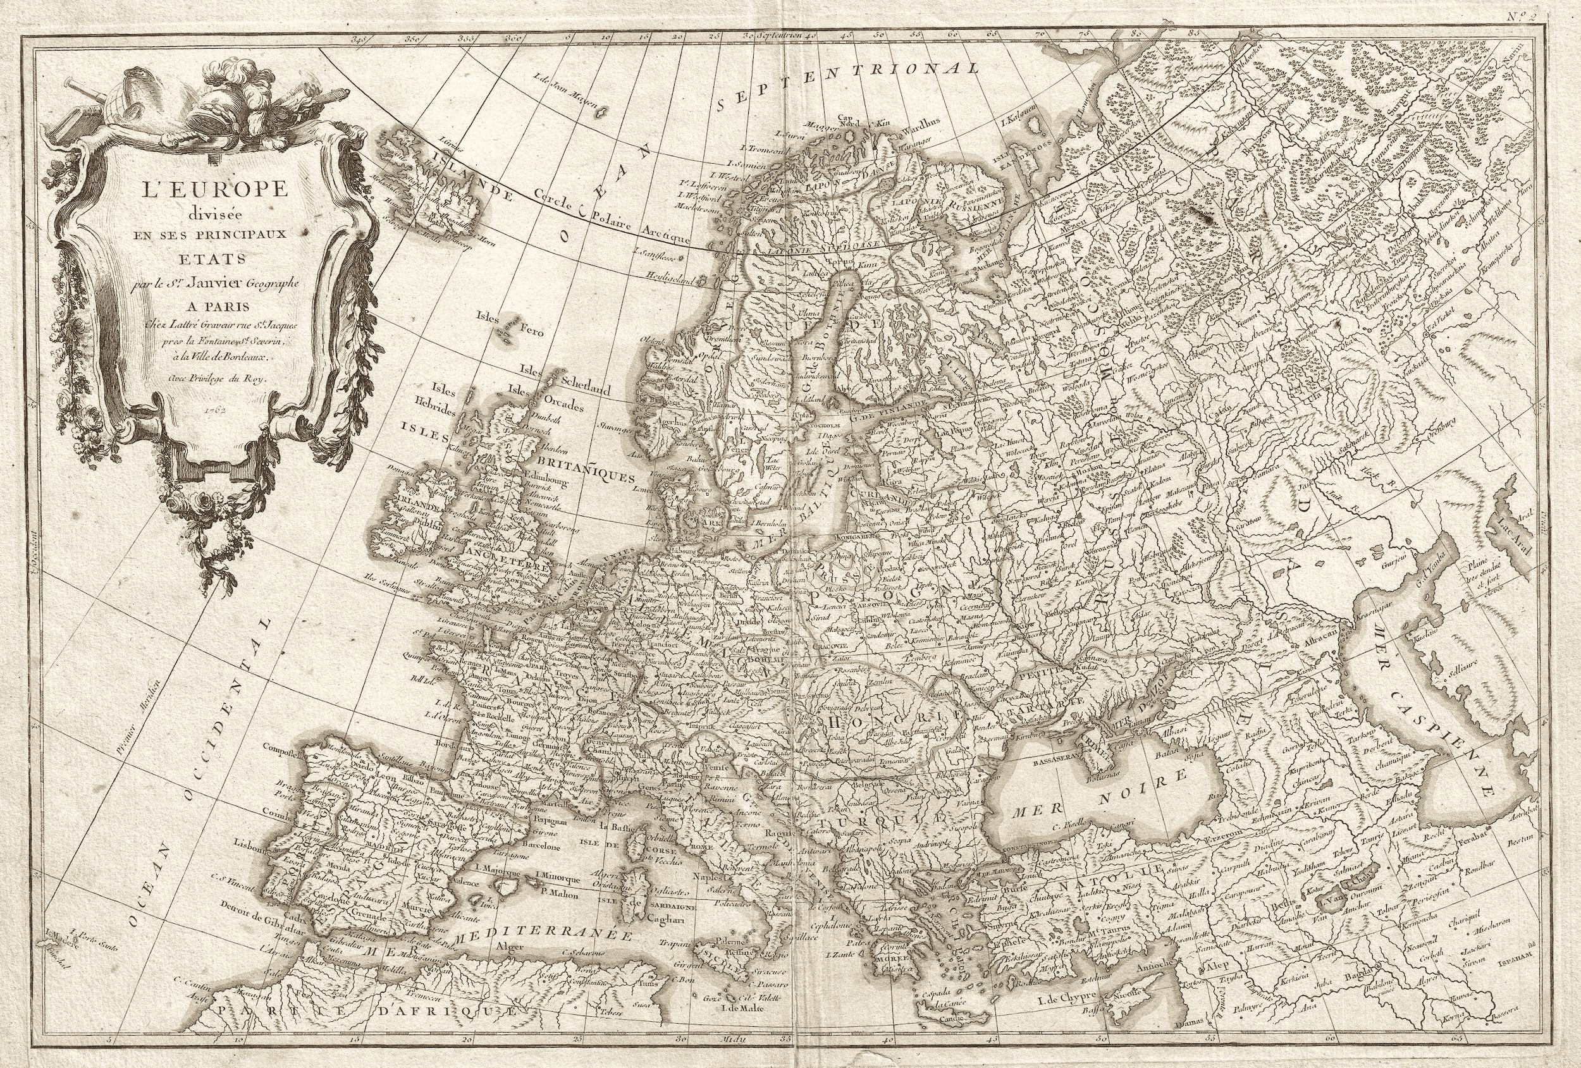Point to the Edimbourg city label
point(541,479)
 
